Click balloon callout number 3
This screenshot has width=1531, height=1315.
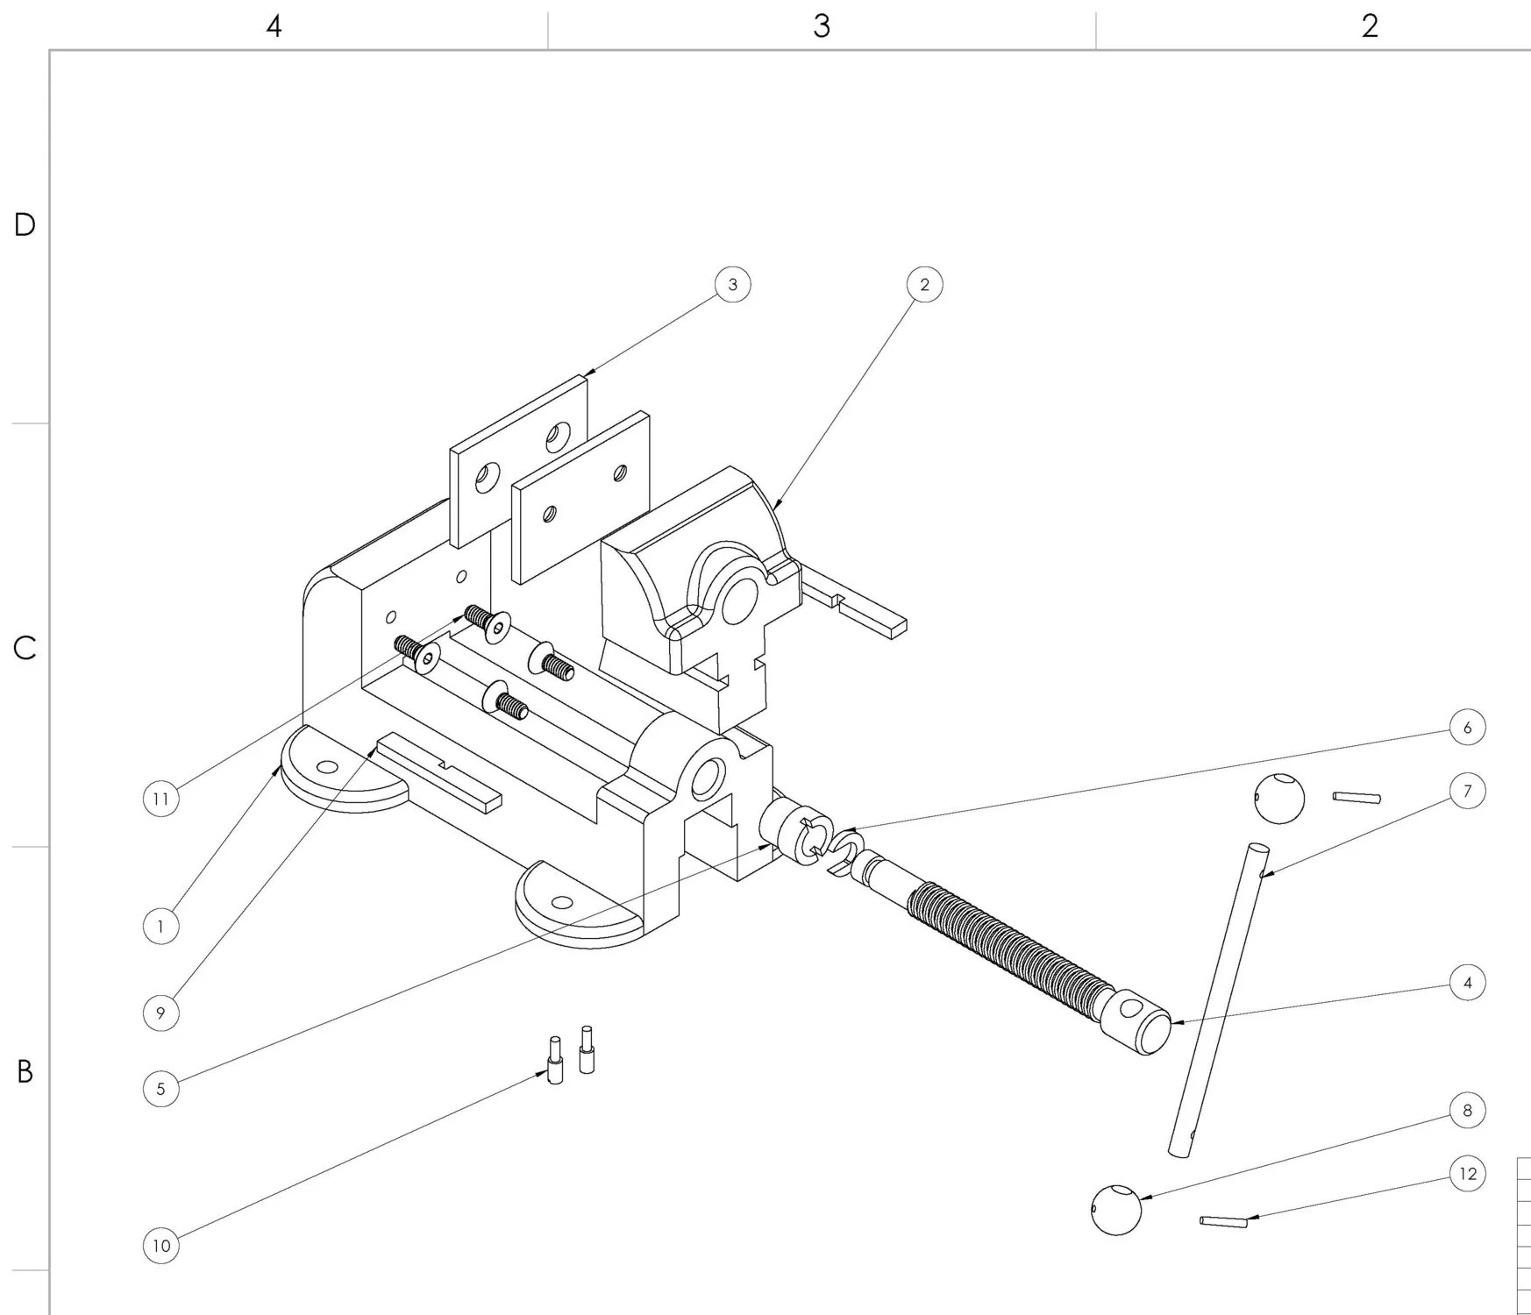[733, 285]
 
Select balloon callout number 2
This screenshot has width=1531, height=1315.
[924, 285]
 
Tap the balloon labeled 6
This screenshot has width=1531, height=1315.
[1468, 728]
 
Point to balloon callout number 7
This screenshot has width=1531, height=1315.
[1468, 792]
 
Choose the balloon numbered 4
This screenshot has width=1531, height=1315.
[1468, 983]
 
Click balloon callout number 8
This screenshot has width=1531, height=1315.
[1468, 1111]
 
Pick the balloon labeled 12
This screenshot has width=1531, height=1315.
[1468, 1174]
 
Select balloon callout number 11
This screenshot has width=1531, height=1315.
[160, 799]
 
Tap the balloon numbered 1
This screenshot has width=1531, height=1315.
[160, 927]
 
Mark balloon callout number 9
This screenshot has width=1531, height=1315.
[160, 1013]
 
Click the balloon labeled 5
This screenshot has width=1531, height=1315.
[160, 1089]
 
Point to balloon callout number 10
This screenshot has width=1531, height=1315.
[161, 1246]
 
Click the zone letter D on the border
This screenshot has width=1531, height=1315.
[25, 225]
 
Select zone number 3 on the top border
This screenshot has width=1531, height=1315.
[821, 26]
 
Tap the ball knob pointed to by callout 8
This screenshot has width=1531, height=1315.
[1116, 1210]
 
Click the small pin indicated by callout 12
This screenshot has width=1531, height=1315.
[1223, 1221]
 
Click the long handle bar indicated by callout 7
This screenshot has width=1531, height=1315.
[1219, 999]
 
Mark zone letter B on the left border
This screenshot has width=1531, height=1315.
[25, 1071]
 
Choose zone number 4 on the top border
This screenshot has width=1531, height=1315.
[274, 26]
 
